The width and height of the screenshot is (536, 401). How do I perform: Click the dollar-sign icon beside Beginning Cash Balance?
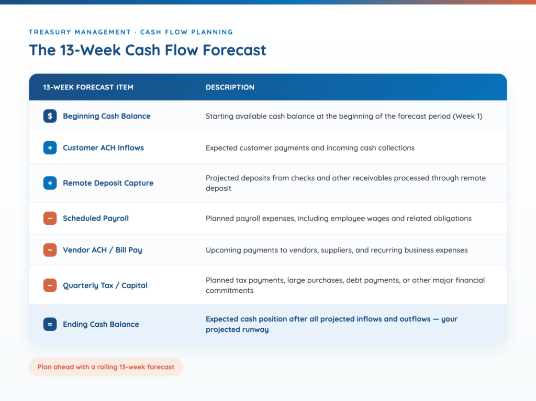pos(50,116)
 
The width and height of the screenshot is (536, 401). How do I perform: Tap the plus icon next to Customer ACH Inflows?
pos(50,148)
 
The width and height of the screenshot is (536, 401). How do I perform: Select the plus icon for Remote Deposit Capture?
pos(50,183)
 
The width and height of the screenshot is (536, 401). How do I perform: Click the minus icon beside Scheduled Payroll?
pos(50,218)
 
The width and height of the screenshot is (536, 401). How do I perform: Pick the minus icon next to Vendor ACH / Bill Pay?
pos(50,250)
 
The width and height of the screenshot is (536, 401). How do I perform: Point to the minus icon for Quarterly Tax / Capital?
pos(50,285)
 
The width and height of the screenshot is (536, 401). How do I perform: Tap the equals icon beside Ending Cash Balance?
pos(50,324)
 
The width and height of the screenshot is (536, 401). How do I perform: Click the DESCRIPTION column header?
pos(230,87)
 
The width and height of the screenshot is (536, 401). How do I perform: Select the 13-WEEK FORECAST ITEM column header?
pos(88,87)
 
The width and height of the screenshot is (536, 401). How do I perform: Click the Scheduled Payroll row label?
pos(96,219)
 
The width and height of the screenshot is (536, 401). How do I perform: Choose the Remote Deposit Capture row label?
pos(108,184)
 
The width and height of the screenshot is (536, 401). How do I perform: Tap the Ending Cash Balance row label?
pos(101,325)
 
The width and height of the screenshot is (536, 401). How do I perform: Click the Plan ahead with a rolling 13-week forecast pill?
pos(106,367)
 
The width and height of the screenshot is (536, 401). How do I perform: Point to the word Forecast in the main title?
pos(234,50)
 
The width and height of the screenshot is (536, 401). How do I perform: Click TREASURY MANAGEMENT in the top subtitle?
pos(80,32)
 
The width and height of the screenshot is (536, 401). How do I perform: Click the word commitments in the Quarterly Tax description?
pos(230,291)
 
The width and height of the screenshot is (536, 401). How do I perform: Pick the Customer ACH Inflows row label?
pos(103,148)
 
